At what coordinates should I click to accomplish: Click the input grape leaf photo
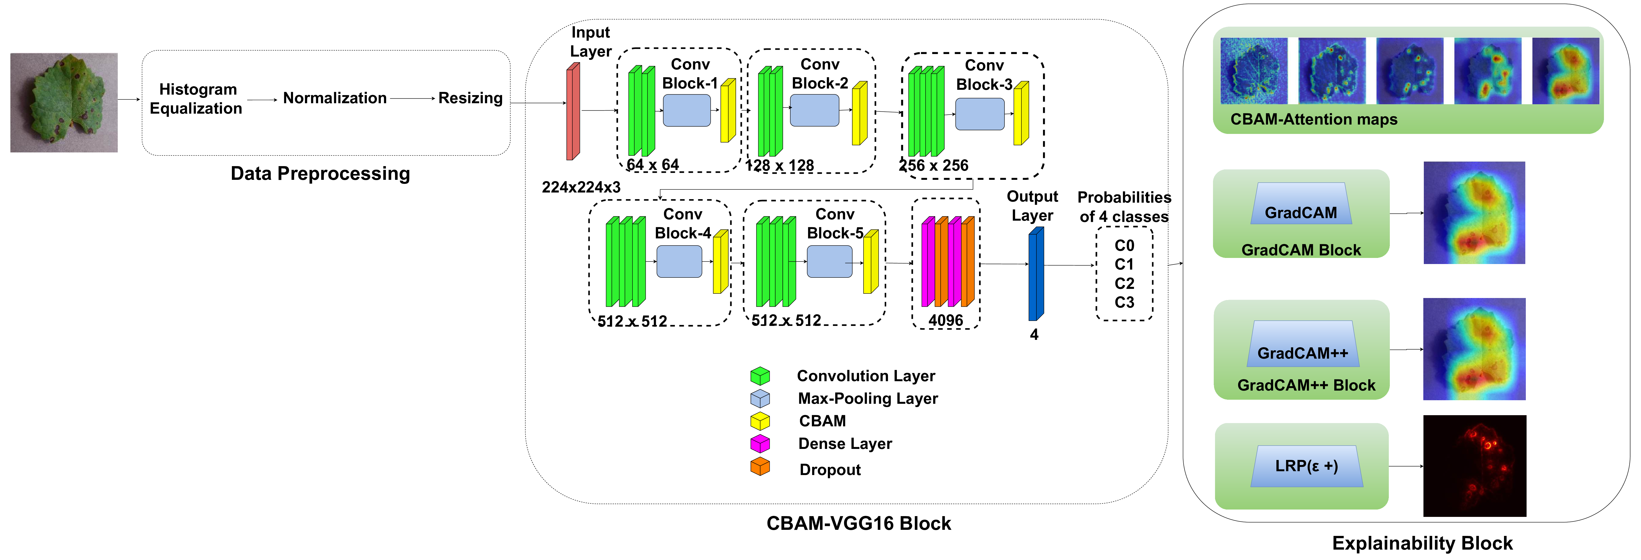64,102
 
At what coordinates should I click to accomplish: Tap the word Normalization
334,98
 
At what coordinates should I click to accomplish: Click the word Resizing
470,98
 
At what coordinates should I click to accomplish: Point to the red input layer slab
573,112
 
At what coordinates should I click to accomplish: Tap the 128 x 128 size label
780,166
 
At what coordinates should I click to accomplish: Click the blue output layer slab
1036,274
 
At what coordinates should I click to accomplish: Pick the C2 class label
1124,284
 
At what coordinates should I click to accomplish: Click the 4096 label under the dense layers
945,320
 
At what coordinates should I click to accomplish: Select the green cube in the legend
760,376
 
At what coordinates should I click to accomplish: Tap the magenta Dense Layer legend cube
760,443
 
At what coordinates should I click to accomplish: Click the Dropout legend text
830,469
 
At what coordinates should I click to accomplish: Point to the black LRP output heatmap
1474,466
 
